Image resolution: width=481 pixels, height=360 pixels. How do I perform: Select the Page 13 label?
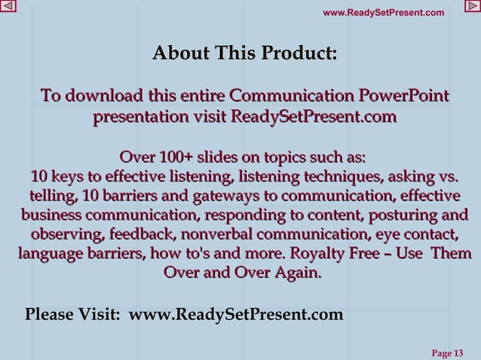click(446, 352)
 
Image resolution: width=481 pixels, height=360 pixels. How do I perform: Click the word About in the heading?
click(180, 54)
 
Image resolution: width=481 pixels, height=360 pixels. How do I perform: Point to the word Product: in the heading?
click(299, 54)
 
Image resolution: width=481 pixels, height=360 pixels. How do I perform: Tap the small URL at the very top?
click(383, 12)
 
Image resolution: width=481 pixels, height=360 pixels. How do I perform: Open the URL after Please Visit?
click(235, 313)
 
